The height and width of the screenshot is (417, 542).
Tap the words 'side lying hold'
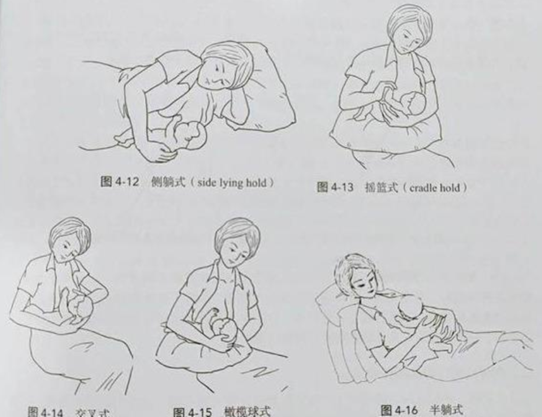coord(231,182)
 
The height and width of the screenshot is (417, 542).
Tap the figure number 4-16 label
coord(399,410)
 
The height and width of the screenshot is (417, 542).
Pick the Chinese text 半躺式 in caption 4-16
coord(446,410)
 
